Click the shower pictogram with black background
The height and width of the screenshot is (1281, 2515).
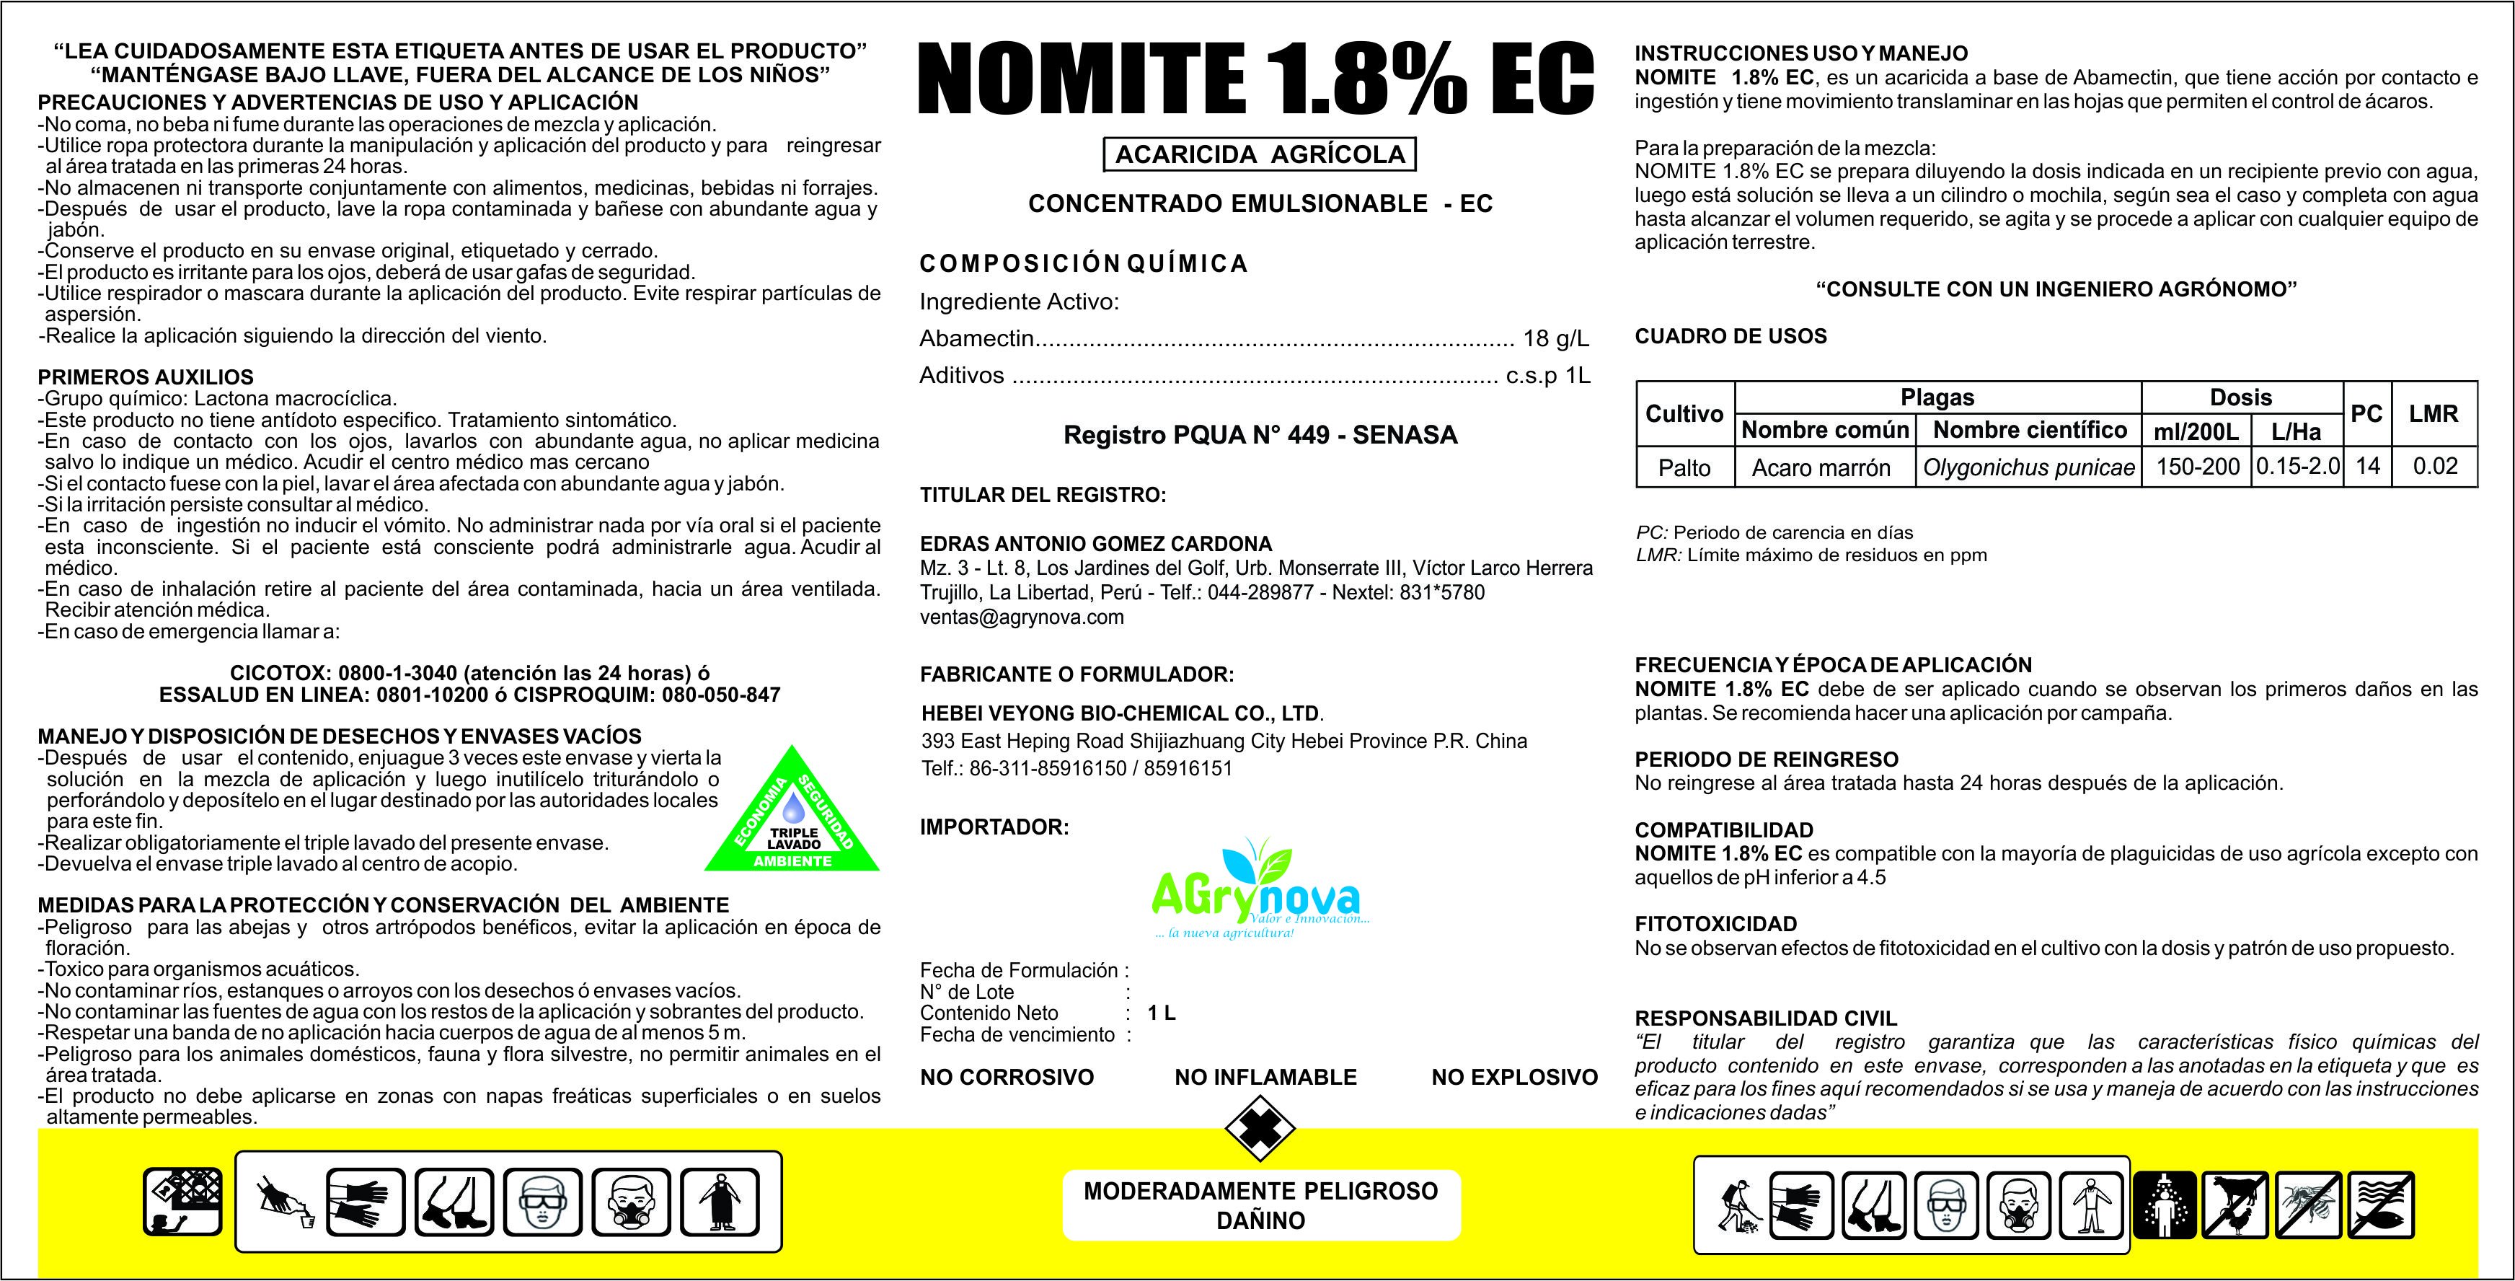[2165, 1204]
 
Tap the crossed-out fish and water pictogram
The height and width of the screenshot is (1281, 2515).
[2382, 1204]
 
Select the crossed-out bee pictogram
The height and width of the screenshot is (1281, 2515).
[2309, 1204]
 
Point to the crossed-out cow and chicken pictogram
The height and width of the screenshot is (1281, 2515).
[2237, 1204]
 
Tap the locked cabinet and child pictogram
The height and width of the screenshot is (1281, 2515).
[182, 1202]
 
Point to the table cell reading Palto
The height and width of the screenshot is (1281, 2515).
[1684, 467]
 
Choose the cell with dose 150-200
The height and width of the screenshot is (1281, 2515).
[2197, 467]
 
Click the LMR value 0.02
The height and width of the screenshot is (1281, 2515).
[2435, 466]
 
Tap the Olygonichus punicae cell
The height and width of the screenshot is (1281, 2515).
[2029, 467]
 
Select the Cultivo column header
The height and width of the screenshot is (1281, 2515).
[1684, 413]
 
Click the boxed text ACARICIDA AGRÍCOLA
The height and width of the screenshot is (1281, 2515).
[1260, 154]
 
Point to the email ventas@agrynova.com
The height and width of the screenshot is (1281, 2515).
[1021, 617]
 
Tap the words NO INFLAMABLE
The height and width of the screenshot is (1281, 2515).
[1265, 1077]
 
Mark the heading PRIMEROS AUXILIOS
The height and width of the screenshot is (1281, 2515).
[146, 377]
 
